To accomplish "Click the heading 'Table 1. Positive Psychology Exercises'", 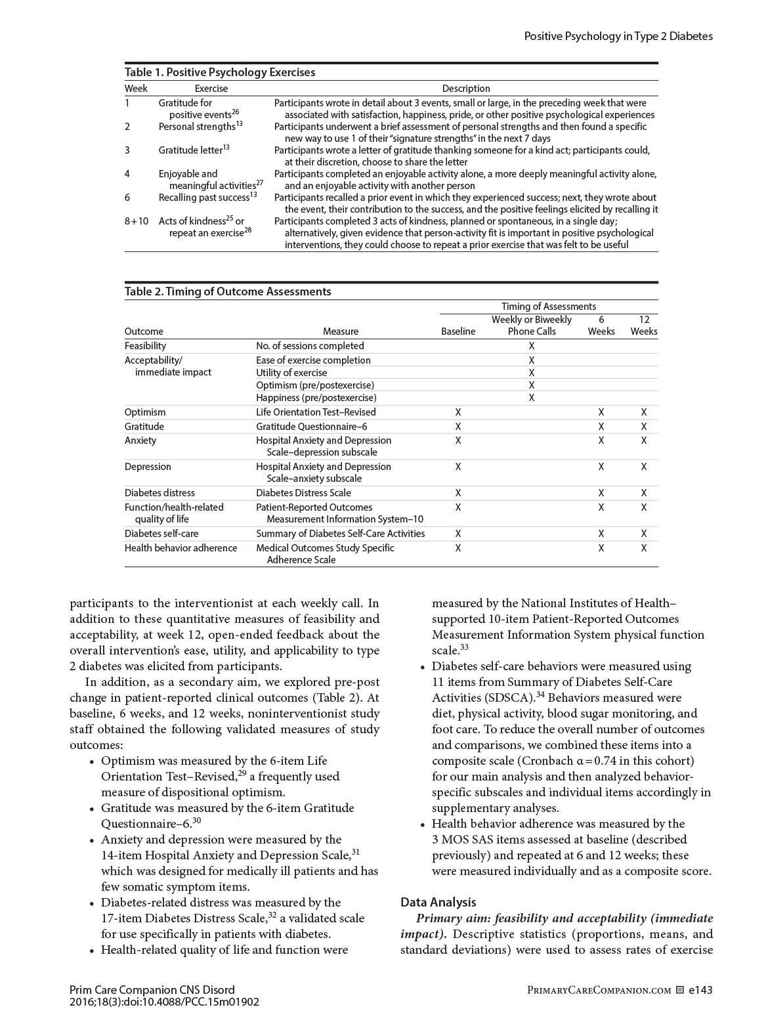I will pos(220,72).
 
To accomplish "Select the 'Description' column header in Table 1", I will pos(465,89).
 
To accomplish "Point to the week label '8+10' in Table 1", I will pos(137,221).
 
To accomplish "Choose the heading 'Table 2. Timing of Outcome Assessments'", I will pos(228,291).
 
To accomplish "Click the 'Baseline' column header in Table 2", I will pos(458,332).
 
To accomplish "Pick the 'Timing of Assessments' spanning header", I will pos(548,307).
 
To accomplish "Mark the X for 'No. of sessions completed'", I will pos(532,346).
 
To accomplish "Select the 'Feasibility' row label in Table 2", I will pos(145,346).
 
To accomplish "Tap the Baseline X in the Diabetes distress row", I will pos(458,493).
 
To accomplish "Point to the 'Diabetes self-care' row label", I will pos(161,534).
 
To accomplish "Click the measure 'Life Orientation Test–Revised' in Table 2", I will pos(316,412).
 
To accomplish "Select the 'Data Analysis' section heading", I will pos(438,903).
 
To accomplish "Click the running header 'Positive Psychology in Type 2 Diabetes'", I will pos(618,36).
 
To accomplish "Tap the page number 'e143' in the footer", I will pos(700,990).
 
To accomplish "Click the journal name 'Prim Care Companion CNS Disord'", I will pos(152,990).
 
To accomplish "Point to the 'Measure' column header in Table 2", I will pos(341,332).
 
